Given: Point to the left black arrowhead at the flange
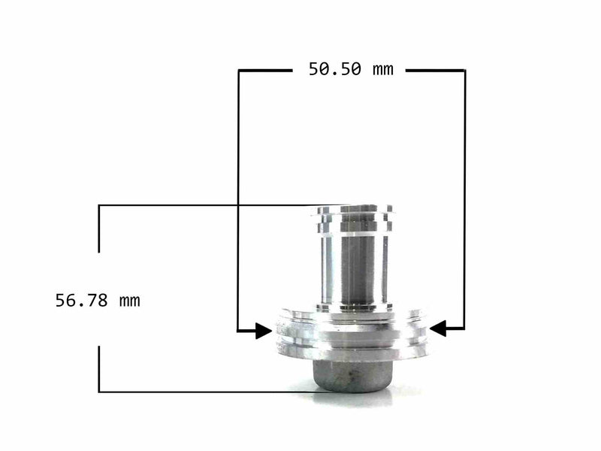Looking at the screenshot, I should (x=263, y=329).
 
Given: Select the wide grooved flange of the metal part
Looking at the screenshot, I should (x=353, y=334).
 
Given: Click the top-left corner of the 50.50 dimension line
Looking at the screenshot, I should (x=239, y=71).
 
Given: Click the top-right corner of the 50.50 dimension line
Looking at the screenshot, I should (x=464, y=71).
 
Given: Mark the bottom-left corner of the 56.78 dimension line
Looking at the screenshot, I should (x=99, y=392).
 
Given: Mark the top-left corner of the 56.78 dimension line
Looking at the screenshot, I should (x=99, y=205).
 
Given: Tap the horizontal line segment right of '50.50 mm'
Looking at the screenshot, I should (x=436, y=71).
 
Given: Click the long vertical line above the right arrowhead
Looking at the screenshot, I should (x=464, y=195).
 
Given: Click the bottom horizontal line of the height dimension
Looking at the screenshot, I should (x=210, y=392).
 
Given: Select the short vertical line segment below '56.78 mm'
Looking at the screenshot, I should (x=99, y=368).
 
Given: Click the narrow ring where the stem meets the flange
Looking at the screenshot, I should (x=354, y=307).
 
